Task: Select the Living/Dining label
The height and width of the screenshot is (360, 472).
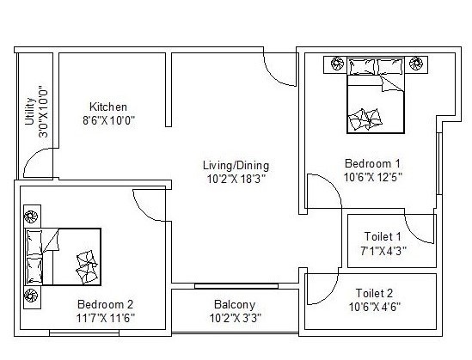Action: pos(236,166)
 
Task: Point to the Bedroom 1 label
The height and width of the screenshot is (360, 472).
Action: pos(372,163)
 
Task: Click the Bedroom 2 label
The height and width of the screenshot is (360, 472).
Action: pos(105,304)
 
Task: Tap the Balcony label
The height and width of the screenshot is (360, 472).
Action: pos(235,305)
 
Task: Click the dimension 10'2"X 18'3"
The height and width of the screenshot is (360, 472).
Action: pos(236,179)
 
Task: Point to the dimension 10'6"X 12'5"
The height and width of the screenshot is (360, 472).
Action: pos(372,176)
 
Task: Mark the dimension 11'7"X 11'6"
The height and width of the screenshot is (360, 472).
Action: pos(105,317)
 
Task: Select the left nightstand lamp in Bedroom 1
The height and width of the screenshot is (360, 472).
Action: pos(334,63)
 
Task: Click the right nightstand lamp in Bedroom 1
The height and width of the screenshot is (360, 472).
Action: pos(417,63)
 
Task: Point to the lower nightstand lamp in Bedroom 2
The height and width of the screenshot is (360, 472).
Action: pos(32,297)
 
